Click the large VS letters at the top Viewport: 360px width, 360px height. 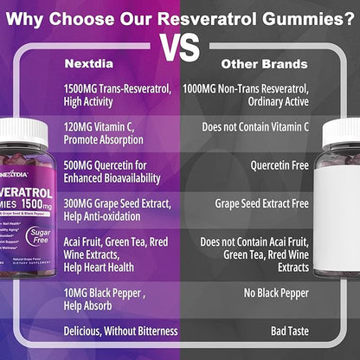point(180,45)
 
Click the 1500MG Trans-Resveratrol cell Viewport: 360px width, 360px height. point(116,94)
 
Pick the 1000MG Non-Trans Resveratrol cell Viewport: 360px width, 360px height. point(246,94)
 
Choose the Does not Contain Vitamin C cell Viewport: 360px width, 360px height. point(255,126)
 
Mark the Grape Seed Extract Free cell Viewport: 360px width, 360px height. point(261,204)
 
